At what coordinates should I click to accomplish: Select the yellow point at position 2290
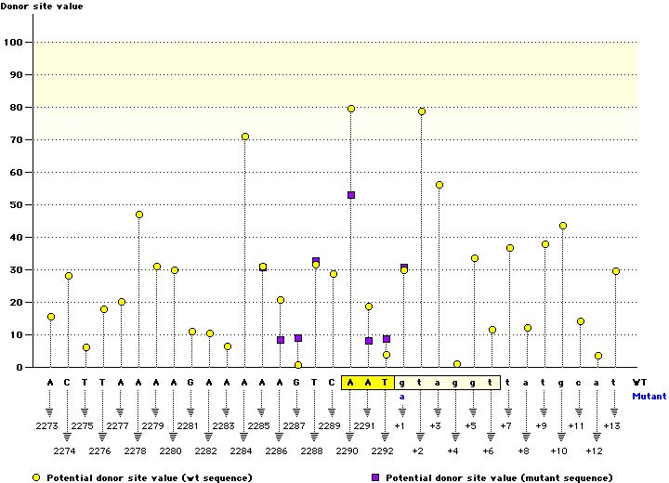click(x=351, y=109)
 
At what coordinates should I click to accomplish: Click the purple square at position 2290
click(x=351, y=195)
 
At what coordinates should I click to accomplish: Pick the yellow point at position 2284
click(x=245, y=137)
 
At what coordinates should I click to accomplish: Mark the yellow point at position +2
click(x=422, y=111)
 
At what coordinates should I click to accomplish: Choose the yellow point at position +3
click(x=439, y=185)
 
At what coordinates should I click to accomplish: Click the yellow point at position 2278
click(x=139, y=215)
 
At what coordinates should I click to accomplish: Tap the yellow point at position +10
click(x=563, y=226)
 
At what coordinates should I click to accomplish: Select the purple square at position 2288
click(x=316, y=261)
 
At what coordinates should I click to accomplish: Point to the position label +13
click(x=612, y=425)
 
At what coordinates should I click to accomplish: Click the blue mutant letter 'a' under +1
click(x=403, y=397)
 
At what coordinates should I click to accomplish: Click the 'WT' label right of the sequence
click(x=639, y=382)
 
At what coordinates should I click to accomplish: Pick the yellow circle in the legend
click(x=38, y=477)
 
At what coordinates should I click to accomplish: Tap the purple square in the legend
click(x=375, y=477)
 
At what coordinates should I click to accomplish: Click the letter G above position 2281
click(x=192, y=382)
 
